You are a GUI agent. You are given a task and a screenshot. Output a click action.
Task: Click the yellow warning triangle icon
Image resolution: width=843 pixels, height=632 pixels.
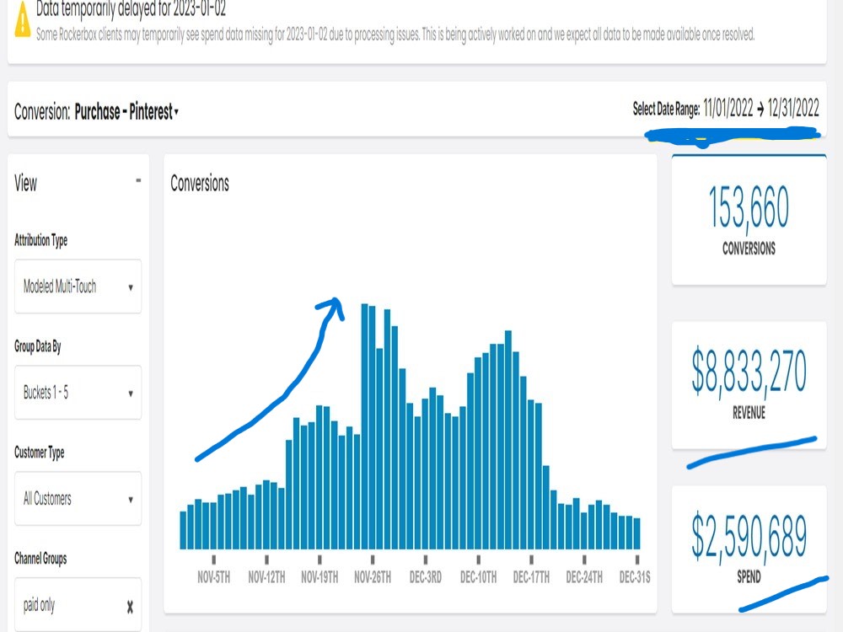coord(23,20)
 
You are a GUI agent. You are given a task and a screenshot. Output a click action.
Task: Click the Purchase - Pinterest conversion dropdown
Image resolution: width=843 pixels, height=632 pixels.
coord(126,112)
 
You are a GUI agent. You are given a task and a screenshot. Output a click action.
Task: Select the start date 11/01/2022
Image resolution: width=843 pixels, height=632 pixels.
coord(728,108)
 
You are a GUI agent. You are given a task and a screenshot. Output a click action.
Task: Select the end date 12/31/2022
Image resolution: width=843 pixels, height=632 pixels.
coord(793,108)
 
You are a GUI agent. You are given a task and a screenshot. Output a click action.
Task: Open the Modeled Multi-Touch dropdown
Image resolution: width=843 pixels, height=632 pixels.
coord(78,287)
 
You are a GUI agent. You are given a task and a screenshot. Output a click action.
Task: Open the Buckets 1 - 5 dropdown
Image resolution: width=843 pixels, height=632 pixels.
coord(78,393)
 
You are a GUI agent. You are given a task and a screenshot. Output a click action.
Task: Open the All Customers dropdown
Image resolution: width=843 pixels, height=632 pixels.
coord(78,498)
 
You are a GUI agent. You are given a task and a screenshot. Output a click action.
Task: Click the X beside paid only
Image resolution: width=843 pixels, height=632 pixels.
coord(130,607)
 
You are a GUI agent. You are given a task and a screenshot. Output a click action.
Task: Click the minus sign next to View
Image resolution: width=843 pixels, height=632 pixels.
coord(138,180)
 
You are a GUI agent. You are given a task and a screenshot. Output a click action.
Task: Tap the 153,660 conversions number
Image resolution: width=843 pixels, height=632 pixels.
coord(749,207)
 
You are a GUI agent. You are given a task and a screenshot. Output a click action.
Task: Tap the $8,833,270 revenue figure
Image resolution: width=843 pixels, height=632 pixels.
coord(749,371)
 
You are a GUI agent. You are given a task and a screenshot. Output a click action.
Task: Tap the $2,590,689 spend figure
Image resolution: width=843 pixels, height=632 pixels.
coord(749,535)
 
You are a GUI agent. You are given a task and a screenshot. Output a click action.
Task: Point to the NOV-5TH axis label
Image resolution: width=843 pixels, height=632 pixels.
coord(213,577)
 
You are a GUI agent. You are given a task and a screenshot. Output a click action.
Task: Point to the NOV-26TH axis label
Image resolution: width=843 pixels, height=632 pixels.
coord(373,577)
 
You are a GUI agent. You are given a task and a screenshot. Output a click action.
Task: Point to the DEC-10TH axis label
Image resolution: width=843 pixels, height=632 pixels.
coord(479,577)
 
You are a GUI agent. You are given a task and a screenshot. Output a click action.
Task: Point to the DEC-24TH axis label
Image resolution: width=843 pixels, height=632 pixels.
coord(584,577)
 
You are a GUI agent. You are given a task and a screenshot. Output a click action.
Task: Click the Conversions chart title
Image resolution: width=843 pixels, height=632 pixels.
coord(200,183)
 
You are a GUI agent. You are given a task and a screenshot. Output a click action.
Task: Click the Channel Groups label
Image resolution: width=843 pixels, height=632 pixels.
coord(40,559)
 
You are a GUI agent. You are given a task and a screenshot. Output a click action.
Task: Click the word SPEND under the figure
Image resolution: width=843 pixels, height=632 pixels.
coord(749,577)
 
